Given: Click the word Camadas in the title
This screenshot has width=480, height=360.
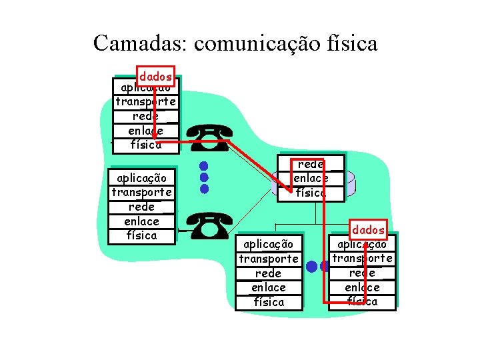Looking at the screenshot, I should click(140, 43).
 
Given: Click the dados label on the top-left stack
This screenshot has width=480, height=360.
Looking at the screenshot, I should click(155, 77).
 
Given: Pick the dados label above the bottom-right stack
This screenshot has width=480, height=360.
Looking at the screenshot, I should click(369, 230).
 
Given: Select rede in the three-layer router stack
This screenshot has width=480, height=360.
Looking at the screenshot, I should click(311, 164).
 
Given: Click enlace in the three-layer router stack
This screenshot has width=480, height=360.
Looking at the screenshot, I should click(311, 178).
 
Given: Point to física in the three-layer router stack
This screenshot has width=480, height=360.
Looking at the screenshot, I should click(311, 193).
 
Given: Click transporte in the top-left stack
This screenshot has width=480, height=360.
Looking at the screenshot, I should click(145, 102).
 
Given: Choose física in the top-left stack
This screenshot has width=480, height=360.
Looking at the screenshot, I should click(145, 145).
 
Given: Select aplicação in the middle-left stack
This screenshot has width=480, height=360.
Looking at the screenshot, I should click(142, 178).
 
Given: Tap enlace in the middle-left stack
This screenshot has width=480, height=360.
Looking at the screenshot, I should click(142, 221).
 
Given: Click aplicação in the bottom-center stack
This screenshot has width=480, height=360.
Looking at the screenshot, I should click(269, 244).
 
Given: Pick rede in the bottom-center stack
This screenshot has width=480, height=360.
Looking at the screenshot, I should click(269, 273).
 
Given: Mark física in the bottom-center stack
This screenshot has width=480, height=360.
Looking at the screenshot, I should click(269, 302).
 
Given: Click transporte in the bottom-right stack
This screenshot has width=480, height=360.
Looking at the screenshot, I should click(362, 258).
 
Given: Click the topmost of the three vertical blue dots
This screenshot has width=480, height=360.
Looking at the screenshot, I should click(204, 165).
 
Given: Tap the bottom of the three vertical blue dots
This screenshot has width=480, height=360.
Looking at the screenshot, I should click(204, 189).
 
